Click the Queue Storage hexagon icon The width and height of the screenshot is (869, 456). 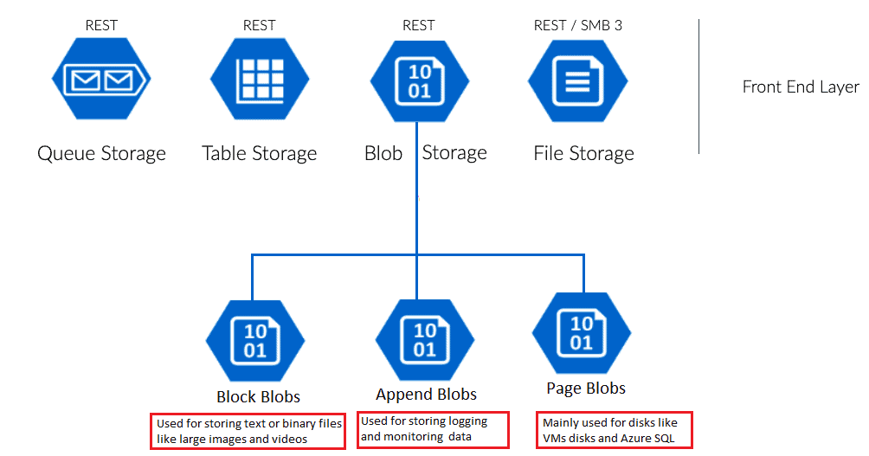pos(101,81)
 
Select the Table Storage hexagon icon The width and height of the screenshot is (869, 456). pos(260,81)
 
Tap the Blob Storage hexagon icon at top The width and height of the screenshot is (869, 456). pos(419,81)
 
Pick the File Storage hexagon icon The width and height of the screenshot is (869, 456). pos(577,81)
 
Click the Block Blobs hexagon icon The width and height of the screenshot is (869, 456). pos(255,339)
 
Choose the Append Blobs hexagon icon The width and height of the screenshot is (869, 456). pos(425,339)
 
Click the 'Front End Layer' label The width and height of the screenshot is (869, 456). pos(801,87)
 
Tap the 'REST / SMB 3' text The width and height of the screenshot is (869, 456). pos(577,25)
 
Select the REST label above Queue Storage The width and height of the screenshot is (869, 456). pos(101,25)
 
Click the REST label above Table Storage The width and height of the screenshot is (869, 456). pos(260,25)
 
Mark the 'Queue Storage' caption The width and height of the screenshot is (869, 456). pos(101,154)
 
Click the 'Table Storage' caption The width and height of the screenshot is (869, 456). pos(260,154)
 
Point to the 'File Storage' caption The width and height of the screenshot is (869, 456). pos(583,154)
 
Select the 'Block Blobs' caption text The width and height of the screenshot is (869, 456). pos(258,396)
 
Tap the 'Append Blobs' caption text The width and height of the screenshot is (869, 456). pos(426,395)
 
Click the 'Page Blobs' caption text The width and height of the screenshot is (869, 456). pos(586,389)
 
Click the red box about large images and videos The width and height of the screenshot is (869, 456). pos(248,431)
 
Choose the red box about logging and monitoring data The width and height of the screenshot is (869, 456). pos(433,429)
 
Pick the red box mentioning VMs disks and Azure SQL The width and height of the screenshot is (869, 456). pos(615,430)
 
